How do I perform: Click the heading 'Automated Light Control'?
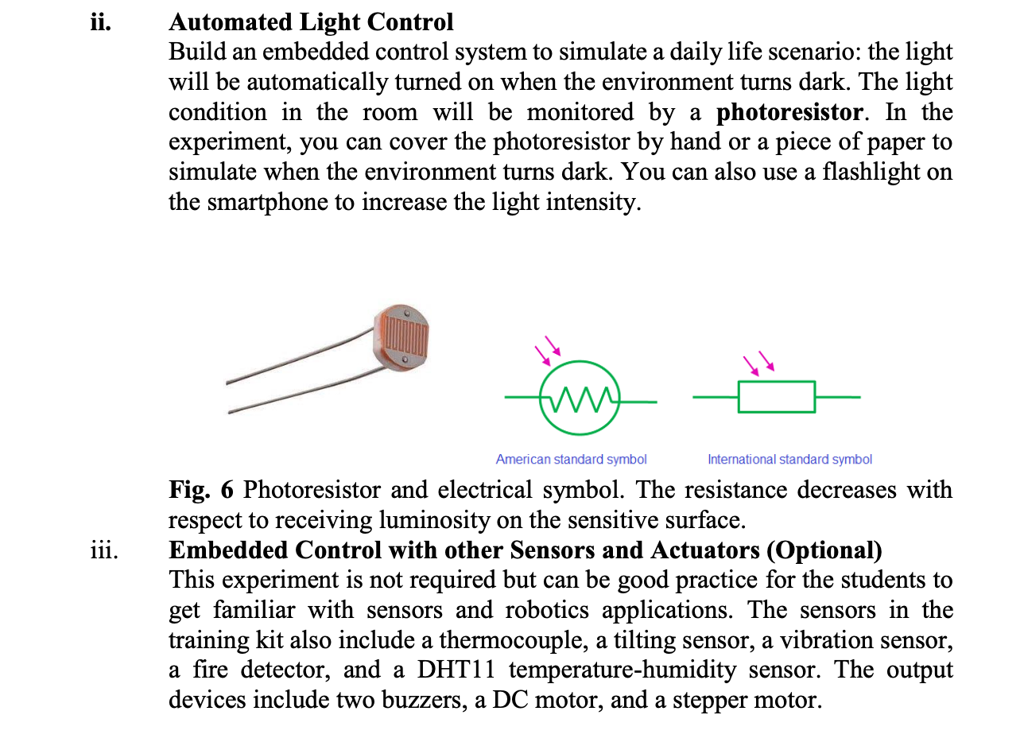311,21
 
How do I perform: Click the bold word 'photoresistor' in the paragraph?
789,112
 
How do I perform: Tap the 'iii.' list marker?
103,550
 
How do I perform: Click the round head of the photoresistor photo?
404,338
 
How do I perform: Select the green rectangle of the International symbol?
776,397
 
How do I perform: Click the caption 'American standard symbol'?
571,459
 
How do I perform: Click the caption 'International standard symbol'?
789,459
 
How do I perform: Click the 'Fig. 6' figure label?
201,490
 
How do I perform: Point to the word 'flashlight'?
865,172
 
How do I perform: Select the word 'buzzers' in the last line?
423,701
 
